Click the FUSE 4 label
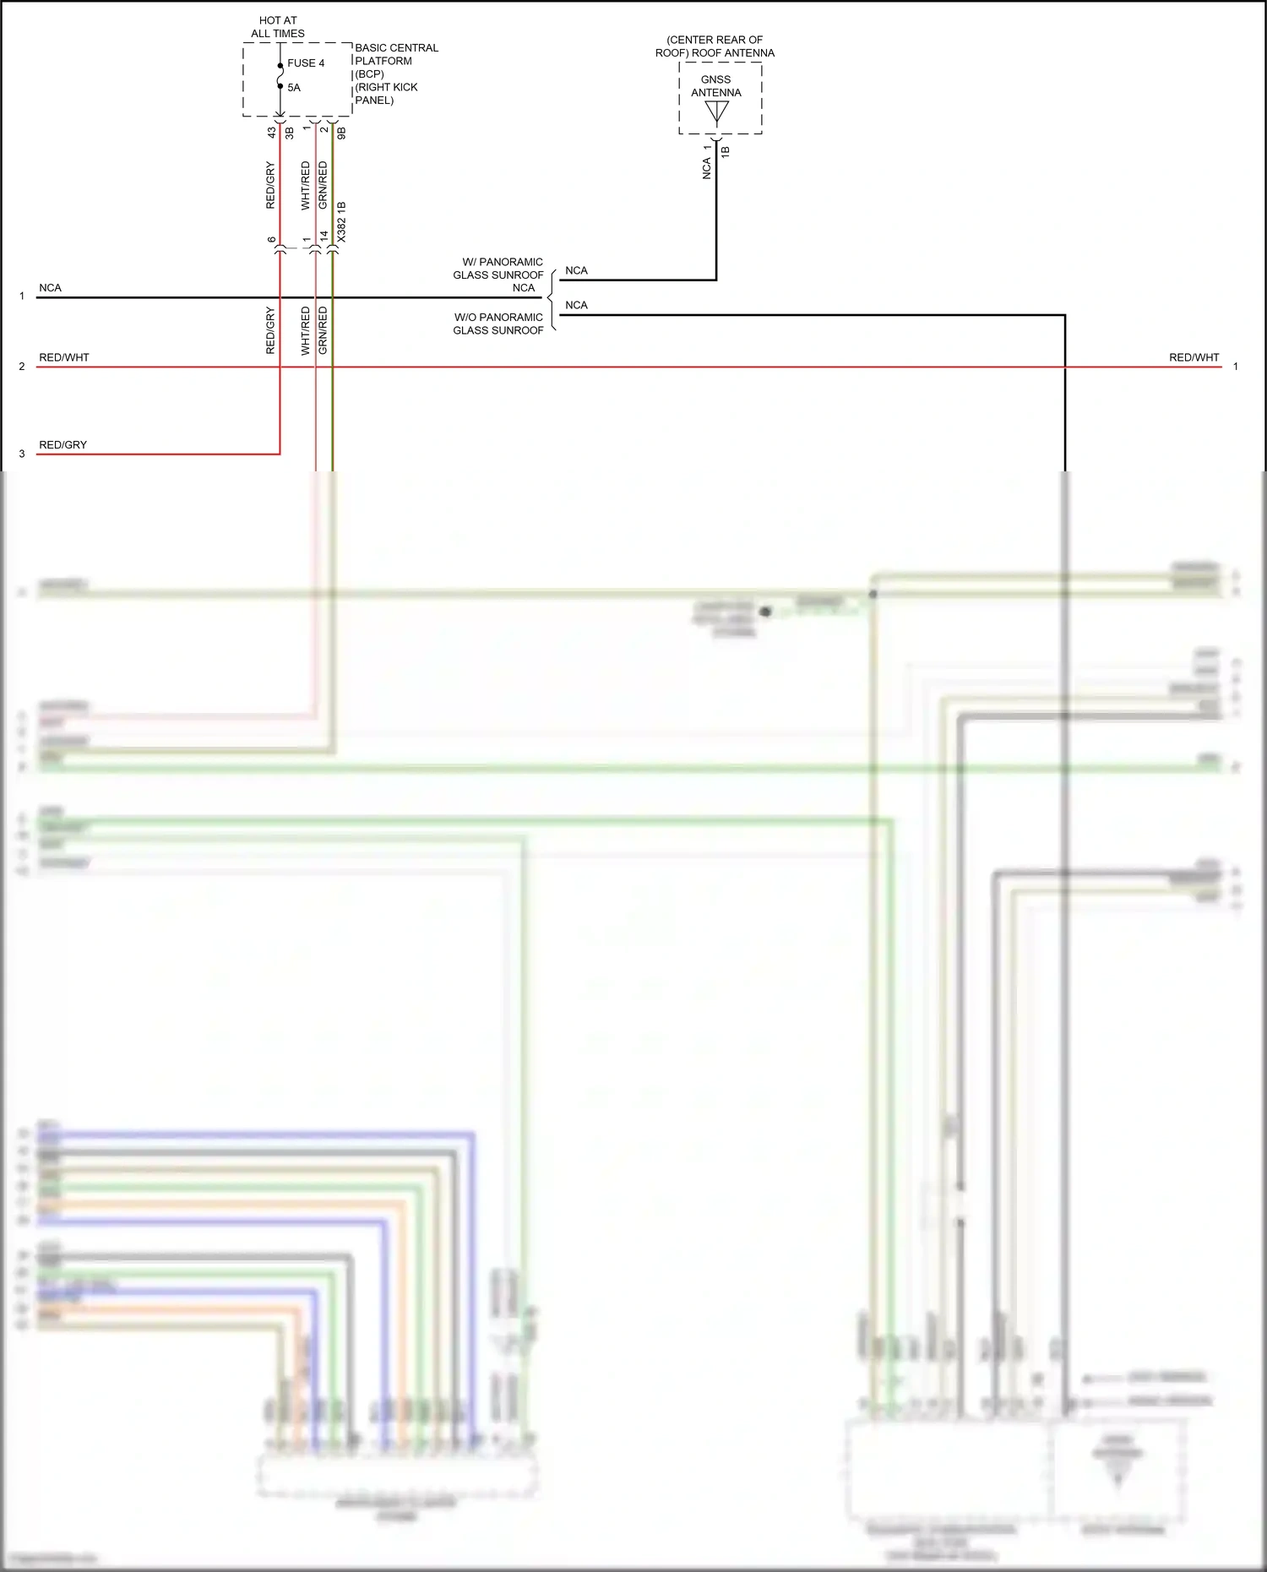[305, 63]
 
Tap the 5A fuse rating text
[293, 88]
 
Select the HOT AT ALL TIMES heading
[278, 27]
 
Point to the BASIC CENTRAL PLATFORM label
[396, 55]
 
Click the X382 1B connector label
[341, 222]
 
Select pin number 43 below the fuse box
[272, 133]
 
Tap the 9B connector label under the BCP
[341, 133]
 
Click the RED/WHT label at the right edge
[1194, 357]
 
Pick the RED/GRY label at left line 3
[63, 445]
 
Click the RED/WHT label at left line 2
[63, 357]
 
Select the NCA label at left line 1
[50, 288]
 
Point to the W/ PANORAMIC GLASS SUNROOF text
[498, 269]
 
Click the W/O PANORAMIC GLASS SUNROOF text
[498, 324]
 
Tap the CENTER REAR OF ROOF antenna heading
[715, 46]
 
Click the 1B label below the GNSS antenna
[725, 152]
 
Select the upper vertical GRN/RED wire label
[323, 186]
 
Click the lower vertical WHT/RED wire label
[306, 330]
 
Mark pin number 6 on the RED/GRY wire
[271, 240]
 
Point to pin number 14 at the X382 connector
[324, 237]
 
